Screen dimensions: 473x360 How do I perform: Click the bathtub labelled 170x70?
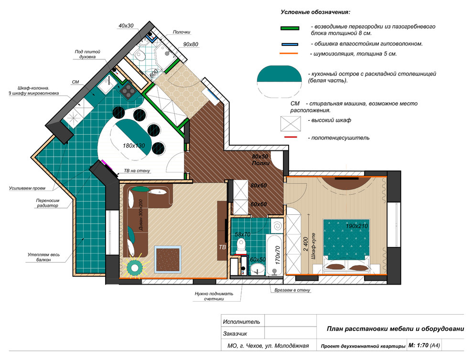click(274, 255)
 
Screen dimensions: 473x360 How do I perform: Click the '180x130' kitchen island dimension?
click(134, 146)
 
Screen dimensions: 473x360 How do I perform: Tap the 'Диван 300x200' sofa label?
click(141, 215)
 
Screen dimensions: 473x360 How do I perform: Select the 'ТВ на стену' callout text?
click(137, 170)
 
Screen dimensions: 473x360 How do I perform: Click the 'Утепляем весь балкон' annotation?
click(44, 257)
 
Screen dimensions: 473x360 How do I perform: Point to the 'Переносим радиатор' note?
click(48, 203)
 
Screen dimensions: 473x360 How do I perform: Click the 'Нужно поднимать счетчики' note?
click(214, 296)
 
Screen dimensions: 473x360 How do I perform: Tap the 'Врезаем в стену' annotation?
click(292, 290)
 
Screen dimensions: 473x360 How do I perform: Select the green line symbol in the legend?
click(290, 28)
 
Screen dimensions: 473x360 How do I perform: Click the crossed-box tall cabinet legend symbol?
click(290, 124)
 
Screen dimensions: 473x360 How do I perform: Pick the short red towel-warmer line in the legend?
click(290, 137)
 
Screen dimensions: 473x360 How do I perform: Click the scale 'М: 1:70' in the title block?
click(418, 345)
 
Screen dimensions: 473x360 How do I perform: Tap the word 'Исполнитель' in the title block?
click(241, 322)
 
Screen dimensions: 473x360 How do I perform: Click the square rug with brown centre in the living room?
click(168, 260)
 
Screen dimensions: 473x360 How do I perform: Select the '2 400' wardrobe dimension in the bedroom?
click(306, 244)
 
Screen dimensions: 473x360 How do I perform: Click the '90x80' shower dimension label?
click(191, 44)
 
